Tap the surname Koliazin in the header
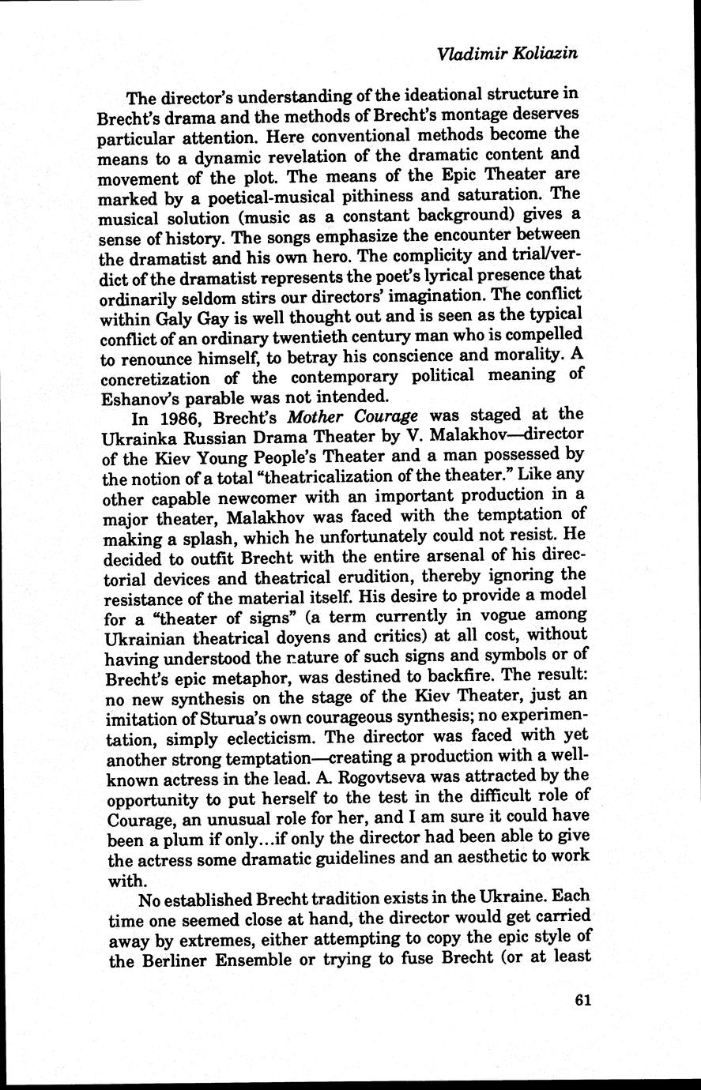click(546, 54)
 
